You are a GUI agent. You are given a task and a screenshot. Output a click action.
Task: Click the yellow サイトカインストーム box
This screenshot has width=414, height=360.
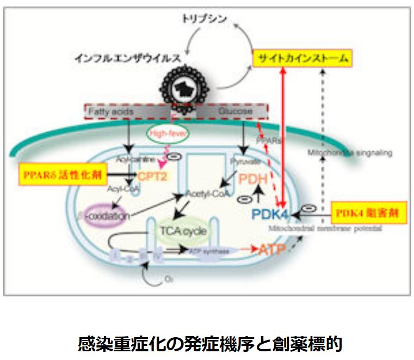tap(302, 59)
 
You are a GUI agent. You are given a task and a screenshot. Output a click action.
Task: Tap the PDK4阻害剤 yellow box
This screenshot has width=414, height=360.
tap(369, 212)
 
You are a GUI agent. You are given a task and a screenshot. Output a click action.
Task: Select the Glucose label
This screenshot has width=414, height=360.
tap(235, 111)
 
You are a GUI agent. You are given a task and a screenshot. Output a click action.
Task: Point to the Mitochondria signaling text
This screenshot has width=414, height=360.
tap(349, 153)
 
